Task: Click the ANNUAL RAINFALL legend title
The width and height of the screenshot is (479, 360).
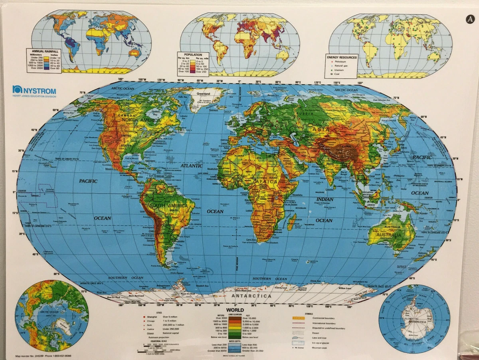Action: point(43,51)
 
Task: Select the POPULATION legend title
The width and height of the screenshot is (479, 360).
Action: point(193,54)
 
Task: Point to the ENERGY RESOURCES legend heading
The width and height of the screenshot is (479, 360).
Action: point(342,58)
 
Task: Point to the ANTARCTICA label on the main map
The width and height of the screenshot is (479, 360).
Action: point(251,296)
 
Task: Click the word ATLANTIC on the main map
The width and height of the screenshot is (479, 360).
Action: point(191,165)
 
